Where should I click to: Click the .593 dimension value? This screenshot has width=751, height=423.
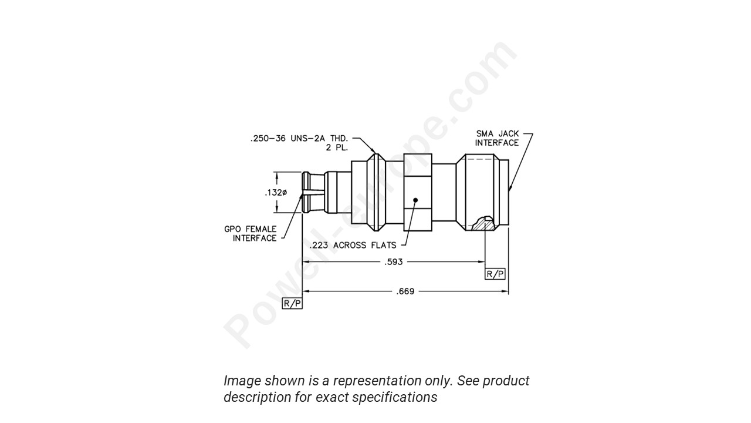point(393,262)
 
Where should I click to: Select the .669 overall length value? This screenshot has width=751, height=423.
point(405,291)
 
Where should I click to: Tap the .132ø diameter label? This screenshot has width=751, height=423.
point(275,193)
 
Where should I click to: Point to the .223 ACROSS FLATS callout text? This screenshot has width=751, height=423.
point(353,245)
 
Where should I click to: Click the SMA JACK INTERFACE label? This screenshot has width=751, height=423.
point(496,138)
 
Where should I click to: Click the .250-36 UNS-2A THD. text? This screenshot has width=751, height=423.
point(299,139)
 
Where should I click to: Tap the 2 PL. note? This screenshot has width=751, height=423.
point(337,147)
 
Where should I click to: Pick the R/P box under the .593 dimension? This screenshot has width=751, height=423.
point(495,274)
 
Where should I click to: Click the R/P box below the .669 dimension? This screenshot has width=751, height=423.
point(292,303)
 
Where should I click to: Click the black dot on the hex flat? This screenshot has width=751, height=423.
point(415,200)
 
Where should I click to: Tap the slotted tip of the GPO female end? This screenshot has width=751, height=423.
point(306,192)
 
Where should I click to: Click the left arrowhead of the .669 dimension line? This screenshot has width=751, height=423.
point(306,291)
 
